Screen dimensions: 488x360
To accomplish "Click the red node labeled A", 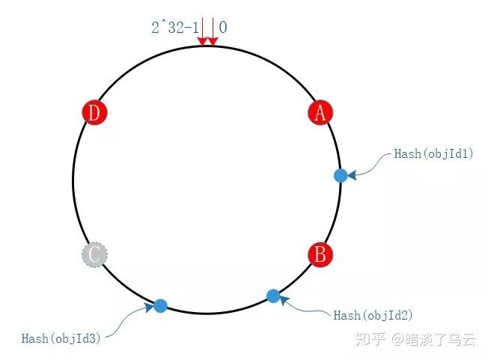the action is (x=320, y=113).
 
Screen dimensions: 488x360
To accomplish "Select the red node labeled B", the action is (x=320, y=254).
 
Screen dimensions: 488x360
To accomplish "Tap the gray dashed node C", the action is (x=94, y=254).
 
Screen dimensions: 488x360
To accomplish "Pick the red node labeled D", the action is (x=94, y=113).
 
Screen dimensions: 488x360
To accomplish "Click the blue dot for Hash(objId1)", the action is (x=341, y=175).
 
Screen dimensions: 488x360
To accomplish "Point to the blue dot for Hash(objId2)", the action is (x=273, y=296).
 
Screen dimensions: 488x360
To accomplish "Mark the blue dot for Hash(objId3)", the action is (x=160, y=305).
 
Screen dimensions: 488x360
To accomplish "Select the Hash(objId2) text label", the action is (x=373, y=315).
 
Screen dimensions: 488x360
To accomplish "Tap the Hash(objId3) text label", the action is (x=61, y=338).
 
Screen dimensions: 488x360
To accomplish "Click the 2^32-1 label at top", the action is (x=174, y=28).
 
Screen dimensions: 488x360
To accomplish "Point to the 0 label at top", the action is (x=223, y=28).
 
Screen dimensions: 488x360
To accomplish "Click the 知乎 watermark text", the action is (x=370, y=339).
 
